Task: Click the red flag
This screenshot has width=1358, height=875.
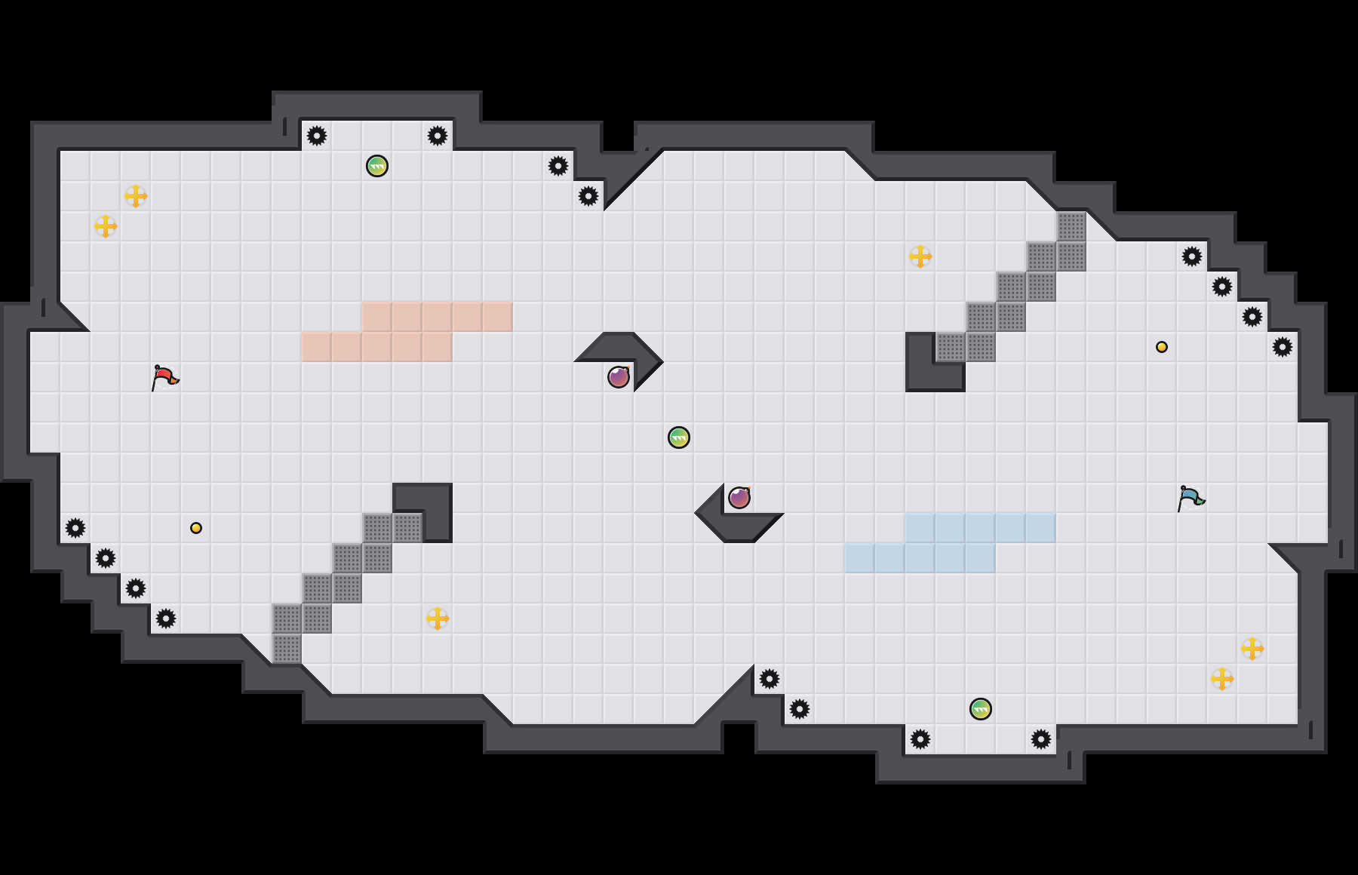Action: click(x=164, y=376)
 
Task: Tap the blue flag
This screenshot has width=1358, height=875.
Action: click(x=1191, y=498)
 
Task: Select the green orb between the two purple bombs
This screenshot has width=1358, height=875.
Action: click(x=679, y=437)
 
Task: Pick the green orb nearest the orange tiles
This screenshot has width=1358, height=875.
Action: click(x=377, y=166)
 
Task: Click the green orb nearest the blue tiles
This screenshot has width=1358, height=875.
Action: click(x=981, y=709)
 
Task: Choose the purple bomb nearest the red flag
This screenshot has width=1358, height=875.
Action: click(x=619, y=376)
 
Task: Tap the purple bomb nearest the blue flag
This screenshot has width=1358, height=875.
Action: click(x=739, y=498)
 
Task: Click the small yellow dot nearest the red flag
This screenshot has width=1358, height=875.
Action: click(x=196, y=528)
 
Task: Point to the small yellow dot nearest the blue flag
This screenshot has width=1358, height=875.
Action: click(x=1162, y=347)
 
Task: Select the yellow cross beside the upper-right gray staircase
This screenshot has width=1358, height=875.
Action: click(x=920, y=256)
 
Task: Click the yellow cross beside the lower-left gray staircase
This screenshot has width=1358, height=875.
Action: click(x=438, y=619)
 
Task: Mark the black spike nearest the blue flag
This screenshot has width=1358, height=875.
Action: click(x=1283, y=347)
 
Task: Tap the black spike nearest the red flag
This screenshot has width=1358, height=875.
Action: click(x=75, y=528)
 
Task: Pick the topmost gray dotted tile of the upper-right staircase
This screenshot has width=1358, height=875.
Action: click(x=1071, y=226)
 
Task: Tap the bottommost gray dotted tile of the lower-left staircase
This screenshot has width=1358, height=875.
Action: click(x=287, y=649)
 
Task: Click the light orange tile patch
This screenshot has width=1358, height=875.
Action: click(x=407, y=332)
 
